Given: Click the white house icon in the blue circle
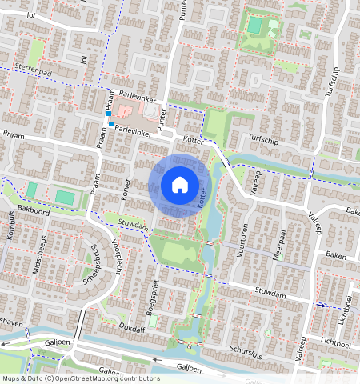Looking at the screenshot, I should (x=180, y=186).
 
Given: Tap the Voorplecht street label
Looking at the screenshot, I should (x=117, y=254).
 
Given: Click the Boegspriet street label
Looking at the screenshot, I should (x=152, y=296).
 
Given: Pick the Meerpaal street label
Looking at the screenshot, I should (x=278, y=238).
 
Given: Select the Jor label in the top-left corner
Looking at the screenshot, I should (x=10, y=14).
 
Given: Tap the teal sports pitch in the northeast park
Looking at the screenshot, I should (x=254, y=26).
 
